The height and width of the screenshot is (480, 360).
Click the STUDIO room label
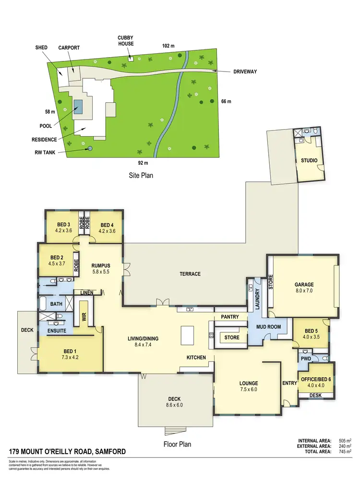pos(310,160)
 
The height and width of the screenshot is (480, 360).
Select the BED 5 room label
pos(311,331)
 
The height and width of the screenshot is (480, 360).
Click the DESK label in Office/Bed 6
pos(315,395)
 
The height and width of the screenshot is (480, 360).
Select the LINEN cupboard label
pos(87,292)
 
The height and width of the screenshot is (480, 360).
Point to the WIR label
pos(84,316)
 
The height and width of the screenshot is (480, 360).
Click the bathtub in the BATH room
pos(43,303)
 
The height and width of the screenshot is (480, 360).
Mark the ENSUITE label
pos(57,331)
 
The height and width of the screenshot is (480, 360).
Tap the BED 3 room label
pos(64,225)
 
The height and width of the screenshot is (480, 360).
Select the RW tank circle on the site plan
pos(89,148)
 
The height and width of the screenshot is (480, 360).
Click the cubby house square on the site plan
pos(130,59)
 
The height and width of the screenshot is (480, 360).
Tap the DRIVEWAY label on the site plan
pos(245,72)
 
